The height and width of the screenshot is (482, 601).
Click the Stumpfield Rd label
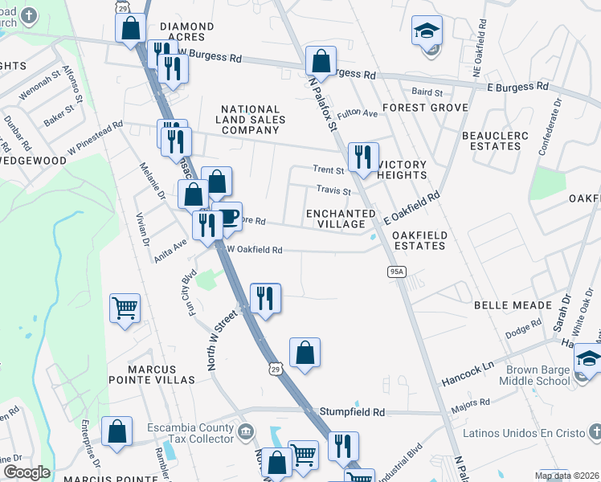coord(353,411)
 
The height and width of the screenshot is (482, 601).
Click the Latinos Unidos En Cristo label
coord(529,433)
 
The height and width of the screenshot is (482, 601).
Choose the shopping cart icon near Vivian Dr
coord(125,307)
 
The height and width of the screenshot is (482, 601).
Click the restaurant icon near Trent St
coord(363,157)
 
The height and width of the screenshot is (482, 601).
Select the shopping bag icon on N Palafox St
coord(321,60)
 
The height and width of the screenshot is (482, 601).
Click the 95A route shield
coord(396,272)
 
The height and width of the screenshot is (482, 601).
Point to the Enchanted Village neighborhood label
coord(341,219)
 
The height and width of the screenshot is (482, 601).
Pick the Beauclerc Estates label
coord(496,141)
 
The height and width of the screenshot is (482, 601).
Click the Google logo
coord(26,472)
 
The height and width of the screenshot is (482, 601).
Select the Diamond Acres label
coord(187,32)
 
